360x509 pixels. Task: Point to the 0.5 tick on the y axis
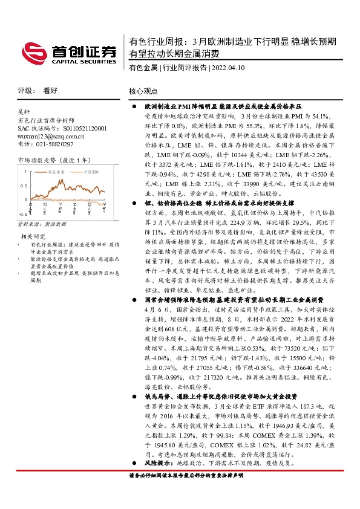pyautogui.click(x=24, y=185)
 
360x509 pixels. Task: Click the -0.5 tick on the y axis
pyautogui.click(x=22, y=213)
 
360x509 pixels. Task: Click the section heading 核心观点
pyautogui.click(x=143, y=91)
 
